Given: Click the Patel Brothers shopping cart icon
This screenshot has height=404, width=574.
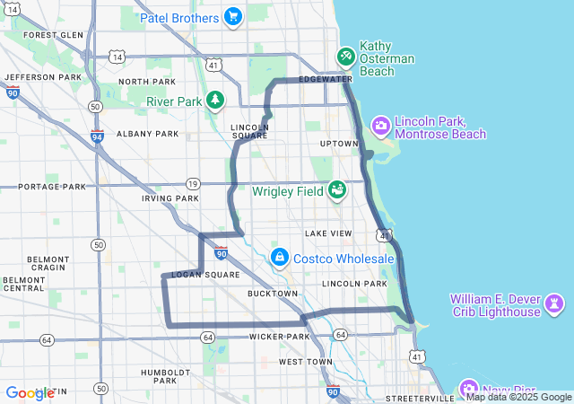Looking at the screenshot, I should (x=233, y=17).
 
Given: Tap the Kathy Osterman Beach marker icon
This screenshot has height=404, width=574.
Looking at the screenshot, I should (x=345, y=57).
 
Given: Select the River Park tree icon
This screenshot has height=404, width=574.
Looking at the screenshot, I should (x=214, y=101).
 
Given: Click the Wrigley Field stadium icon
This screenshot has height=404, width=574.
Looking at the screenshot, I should (x=337, y=190).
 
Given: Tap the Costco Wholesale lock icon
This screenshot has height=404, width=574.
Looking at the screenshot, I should (x=280, y=259).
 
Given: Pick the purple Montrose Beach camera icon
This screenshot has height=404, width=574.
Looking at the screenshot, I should (x=380, y=126).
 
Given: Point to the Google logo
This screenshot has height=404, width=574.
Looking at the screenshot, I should (x=29, y=393).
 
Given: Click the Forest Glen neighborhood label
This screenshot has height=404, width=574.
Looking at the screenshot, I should (x=53, y=35).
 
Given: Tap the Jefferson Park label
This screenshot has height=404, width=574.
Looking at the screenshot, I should (x=43, y=78).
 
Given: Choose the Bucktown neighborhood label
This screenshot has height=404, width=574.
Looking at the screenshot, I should (x=273, y=294).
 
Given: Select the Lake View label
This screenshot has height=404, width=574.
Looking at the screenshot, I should (x=328, y=233).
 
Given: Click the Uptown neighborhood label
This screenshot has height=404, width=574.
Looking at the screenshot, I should (x=338, y=144).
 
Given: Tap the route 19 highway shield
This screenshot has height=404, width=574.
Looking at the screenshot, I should (x=193, y=184).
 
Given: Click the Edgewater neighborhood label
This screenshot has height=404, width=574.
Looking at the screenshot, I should (x=326, y=79).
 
